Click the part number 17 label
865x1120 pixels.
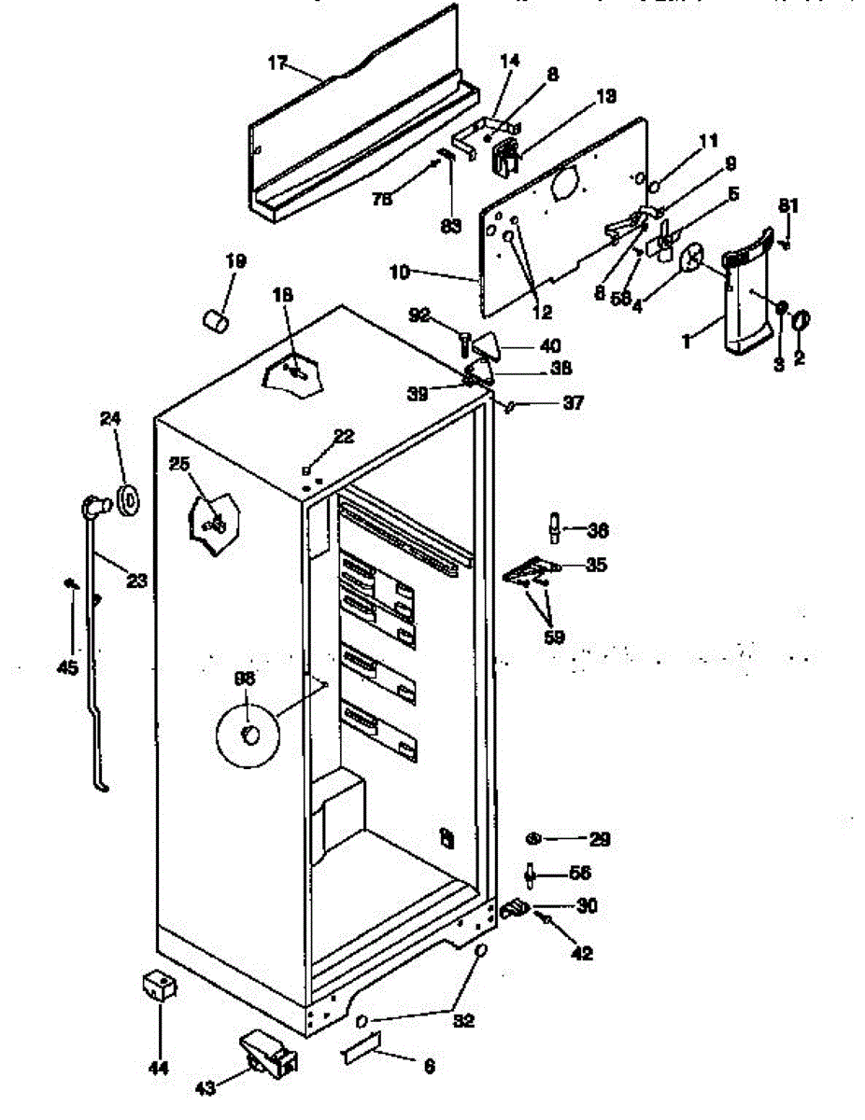click(x=277, y=64)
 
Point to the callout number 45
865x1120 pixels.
click(x=68, y=668)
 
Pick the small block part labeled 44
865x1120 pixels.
click(x=158, y=986)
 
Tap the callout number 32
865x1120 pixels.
click(x=463, y=1021)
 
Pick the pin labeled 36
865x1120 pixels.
click(x=554, y=528)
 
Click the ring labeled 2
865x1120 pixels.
click(x=801, y=322)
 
